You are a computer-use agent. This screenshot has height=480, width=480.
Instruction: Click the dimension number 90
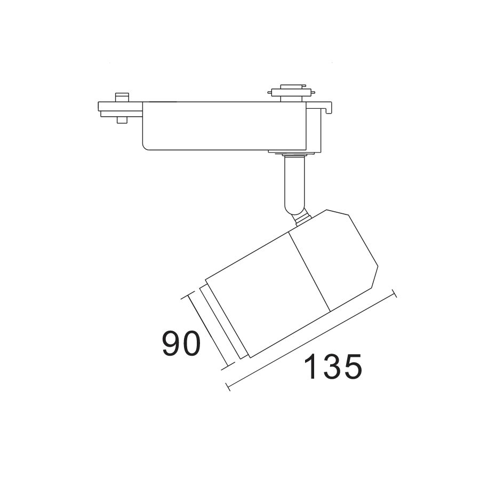pyautogui.click(x=181, y=344)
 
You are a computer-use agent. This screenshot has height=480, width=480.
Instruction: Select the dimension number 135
pyautogui.click(x=333, y=367)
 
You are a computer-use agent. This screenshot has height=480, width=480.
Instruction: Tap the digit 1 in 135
pyautogui.click(x=311, y=367)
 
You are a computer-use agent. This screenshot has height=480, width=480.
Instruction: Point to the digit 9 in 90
pyautogui.click(x=171, y=344)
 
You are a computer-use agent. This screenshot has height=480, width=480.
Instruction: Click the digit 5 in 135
pyautogui.click(x=353, y=367)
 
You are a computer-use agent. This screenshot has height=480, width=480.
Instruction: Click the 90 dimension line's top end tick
pyautogui.click(x=189, y=297)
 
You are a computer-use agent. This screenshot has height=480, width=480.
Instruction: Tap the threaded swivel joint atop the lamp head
pyautogui.click(x=302, y=217)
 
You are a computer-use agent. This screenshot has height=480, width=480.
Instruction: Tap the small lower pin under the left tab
pyautogui.click(x=122, y=119)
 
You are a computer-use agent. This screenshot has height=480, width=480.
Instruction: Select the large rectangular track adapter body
pyautogui.click(x=224, y=125)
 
